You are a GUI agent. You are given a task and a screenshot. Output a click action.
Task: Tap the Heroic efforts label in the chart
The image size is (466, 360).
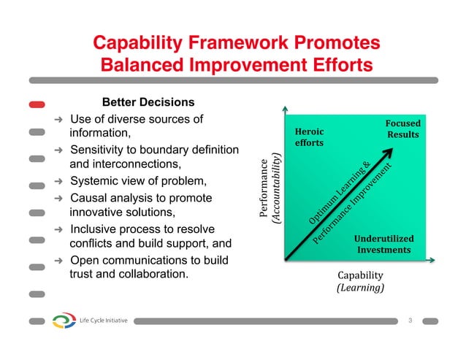pyautogui.click(x=309, y=137)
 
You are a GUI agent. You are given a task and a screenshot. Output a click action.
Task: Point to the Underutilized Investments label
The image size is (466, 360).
pyautogui.click(x=383, y=245)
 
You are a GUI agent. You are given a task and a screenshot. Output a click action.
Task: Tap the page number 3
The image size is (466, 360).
pyautogui.click(x=410, y=320)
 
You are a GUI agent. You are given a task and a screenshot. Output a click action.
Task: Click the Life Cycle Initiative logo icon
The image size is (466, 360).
pyautogui.click(x=64, y=321)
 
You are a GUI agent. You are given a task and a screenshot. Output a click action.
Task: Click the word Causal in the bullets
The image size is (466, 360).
pyautogui.click(x=88, y=199)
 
